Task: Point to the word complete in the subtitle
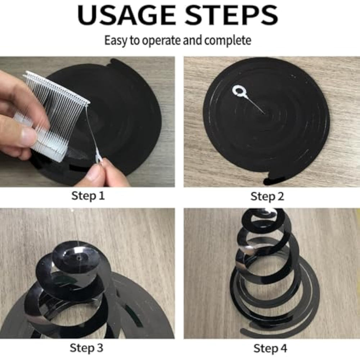[228, 40]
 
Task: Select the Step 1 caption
[88, 196]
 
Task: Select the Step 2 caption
[267, 197]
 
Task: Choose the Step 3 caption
[86, 348]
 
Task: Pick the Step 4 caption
[270, 348]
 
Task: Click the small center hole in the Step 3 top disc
[79, 258]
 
